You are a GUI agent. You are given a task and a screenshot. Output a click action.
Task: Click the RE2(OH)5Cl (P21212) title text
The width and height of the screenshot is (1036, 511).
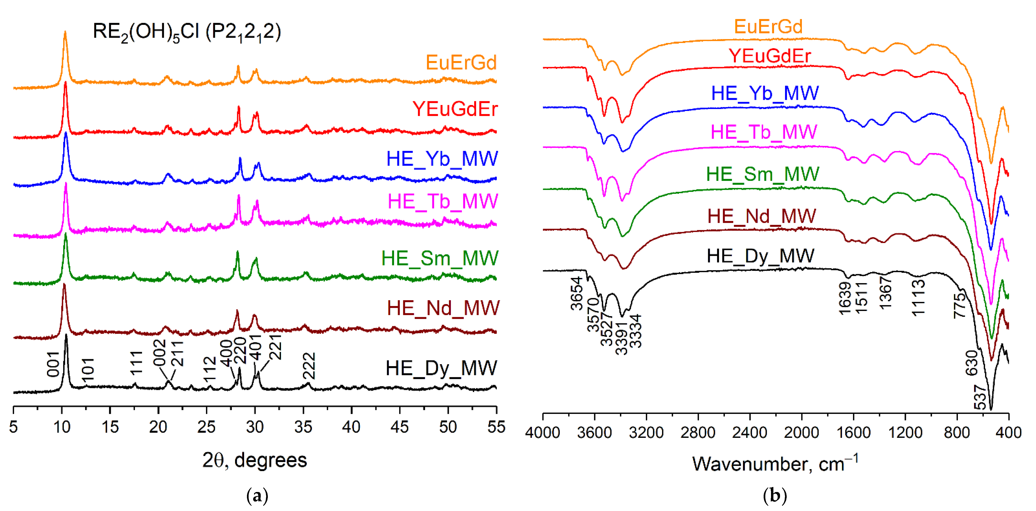[187, 32]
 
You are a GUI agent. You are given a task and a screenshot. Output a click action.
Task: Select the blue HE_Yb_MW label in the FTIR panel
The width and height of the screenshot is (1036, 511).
[765, 93]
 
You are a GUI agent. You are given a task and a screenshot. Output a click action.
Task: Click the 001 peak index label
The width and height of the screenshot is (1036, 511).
[53, 364]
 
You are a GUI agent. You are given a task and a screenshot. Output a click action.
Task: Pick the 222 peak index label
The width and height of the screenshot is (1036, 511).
[309, 366]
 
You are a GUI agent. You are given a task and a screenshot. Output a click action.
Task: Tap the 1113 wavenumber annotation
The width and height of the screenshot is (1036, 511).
[918, 298]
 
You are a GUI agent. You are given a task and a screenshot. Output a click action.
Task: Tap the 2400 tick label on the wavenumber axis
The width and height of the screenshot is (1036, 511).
[750, 433]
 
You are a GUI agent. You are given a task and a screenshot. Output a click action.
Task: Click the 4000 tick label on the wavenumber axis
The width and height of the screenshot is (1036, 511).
[543, 433]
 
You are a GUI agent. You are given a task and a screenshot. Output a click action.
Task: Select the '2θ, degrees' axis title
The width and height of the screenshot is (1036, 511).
[255, 460]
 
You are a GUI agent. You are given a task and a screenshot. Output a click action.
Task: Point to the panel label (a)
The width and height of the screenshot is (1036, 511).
[257, 496]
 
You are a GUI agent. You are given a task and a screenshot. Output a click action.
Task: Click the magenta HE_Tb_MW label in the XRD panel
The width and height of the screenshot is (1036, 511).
[442, 201]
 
